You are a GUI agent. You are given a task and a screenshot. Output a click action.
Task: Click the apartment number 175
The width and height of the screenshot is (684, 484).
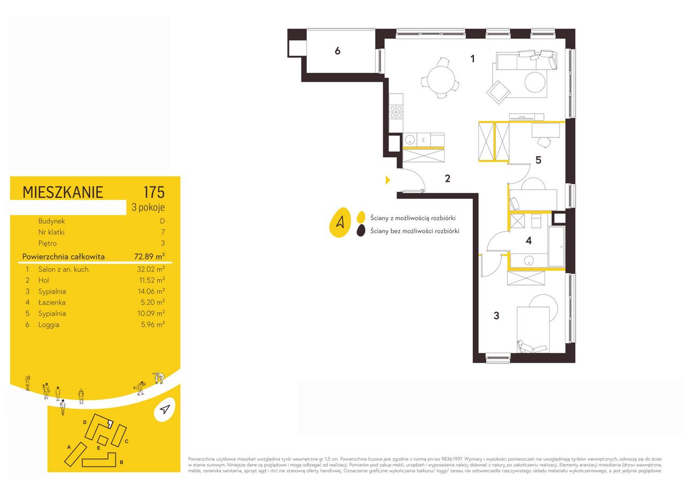click(x=154, y=192)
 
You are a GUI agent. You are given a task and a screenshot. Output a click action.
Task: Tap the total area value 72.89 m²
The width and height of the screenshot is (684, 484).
click(x=150, y=256)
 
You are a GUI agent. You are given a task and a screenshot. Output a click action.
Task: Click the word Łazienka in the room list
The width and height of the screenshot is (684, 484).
click(x=52, y=302)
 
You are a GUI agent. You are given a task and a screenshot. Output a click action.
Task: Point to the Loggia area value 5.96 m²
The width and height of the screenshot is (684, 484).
click(x=153, y=324)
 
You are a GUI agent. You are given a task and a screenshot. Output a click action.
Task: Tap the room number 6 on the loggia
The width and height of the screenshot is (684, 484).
click(x=337, y=51)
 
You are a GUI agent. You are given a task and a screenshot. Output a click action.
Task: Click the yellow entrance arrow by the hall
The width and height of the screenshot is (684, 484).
click(x=388, y=180)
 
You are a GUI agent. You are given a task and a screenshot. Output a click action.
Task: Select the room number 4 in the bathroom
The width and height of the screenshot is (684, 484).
click(x=529, y=241)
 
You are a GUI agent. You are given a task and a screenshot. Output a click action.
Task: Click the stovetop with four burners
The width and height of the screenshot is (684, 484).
click(x=396, y=112)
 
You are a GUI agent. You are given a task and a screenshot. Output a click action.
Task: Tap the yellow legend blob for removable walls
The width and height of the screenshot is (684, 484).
click(x=361, y=217)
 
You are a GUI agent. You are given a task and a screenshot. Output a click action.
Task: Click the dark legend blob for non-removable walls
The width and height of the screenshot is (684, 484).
click(x=361, y=231)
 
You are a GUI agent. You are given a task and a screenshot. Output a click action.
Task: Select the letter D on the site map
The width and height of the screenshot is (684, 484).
click(x=85, y=422)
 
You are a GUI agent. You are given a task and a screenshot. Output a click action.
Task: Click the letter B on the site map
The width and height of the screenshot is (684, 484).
click(x=121, y=462)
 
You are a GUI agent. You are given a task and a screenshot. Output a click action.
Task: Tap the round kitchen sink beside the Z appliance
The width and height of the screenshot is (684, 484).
click(x=409, y=140)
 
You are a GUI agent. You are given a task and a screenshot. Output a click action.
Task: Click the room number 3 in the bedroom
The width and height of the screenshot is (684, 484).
click(x=496, y=316)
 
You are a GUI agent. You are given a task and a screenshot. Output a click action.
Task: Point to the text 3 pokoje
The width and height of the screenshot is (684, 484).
click(x=148, y=207)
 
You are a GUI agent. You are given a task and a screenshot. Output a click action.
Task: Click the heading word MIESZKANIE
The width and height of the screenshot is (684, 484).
click(x=63, y=193)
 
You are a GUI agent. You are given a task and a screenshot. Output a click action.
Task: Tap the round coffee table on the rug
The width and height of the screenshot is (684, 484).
click(x=535, y=82)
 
